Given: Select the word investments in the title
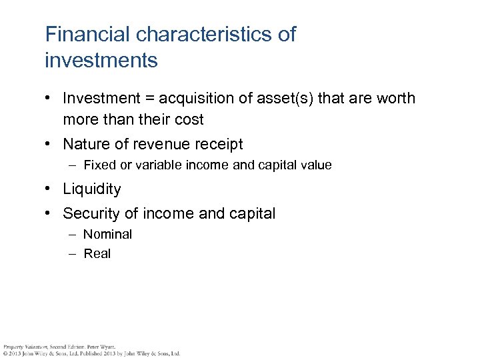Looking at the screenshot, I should tap(101, 61).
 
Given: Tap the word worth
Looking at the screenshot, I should tap(394, 99).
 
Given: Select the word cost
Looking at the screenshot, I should tap(189, 120).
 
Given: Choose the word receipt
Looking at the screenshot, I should tap(218, 144).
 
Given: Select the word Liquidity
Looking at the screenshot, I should tap(92, 189).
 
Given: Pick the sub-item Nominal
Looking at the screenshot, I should tap(108, 235).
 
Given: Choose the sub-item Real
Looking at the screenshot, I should tap(97, 254).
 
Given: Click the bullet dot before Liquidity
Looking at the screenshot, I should tap(49, 189).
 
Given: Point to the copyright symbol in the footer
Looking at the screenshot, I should tap(5, 353).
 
